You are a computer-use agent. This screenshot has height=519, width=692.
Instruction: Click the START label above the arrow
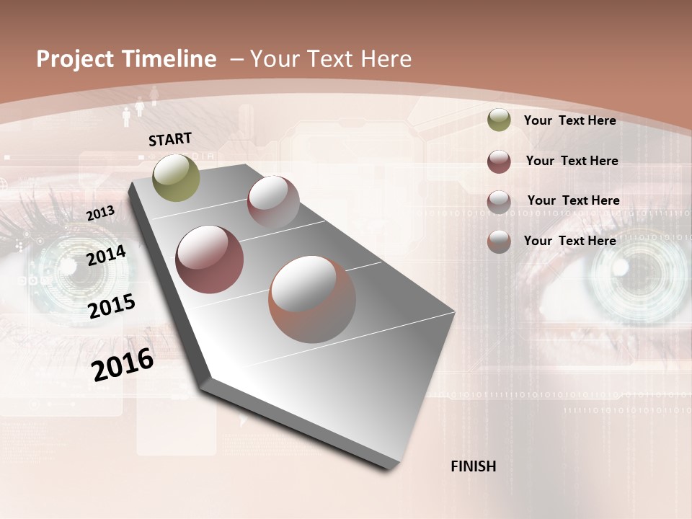click(170, 139)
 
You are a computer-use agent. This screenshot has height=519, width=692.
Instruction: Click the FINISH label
click(473, 466)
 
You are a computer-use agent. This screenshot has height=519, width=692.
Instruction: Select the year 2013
click(100, 213)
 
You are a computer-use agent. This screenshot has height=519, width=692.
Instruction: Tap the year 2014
click(106, 255)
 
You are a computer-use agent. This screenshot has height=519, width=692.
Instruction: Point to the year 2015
click(112, 306)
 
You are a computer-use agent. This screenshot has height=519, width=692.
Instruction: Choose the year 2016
click(123, 364)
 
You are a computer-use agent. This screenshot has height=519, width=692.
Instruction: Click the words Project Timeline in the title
click(126, 59)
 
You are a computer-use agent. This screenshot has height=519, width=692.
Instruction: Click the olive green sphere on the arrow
click(177, 177)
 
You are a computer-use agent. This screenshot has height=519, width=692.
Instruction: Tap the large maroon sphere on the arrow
click(210, 259)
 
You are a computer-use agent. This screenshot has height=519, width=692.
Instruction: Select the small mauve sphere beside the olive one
click(273, 202)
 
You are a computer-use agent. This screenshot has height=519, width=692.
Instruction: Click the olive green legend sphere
click(499, 120)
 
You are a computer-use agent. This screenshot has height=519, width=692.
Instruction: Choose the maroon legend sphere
click(499, 161)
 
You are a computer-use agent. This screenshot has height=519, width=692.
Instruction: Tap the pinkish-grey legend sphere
click(499, 202)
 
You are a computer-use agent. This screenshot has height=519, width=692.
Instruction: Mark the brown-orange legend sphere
click(499, 241)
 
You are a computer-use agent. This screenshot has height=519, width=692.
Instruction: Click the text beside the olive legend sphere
click(569, 120)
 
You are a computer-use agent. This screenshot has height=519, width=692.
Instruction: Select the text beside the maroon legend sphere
click(572, 161)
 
